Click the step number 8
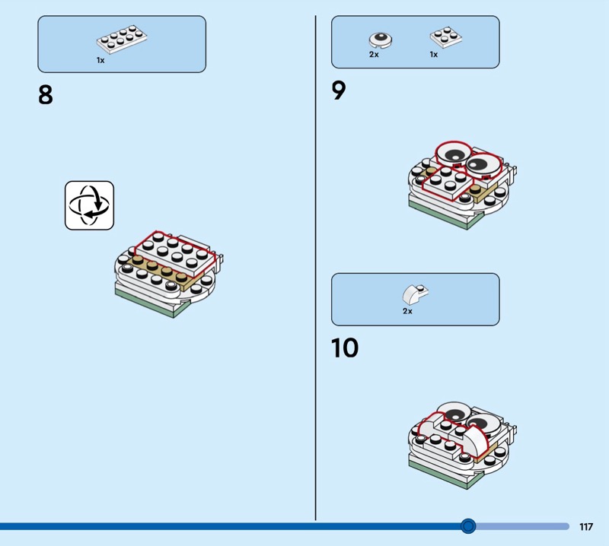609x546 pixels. point(46,95)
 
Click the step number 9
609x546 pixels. point(339,90)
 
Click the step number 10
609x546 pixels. point(345,348)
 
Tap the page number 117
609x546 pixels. point(586,526)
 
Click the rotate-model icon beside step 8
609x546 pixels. point(89,205)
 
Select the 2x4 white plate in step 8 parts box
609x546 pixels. point(122,39)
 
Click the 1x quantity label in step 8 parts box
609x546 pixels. point(100,60)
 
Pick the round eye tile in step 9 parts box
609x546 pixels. point(381,40)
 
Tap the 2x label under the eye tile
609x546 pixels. point(374,55)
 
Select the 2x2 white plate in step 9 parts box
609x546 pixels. point(446,37)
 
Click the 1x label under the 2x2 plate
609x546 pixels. point(434,55)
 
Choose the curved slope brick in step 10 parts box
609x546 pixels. point(415,294)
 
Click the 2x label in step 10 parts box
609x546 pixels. point(407,311)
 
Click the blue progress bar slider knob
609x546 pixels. point(468,526)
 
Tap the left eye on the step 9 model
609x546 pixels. point(454,154)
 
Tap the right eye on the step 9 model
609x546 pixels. point(483,164)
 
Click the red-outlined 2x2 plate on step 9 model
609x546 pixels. point(448,183)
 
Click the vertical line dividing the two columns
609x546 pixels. point(315,268)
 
